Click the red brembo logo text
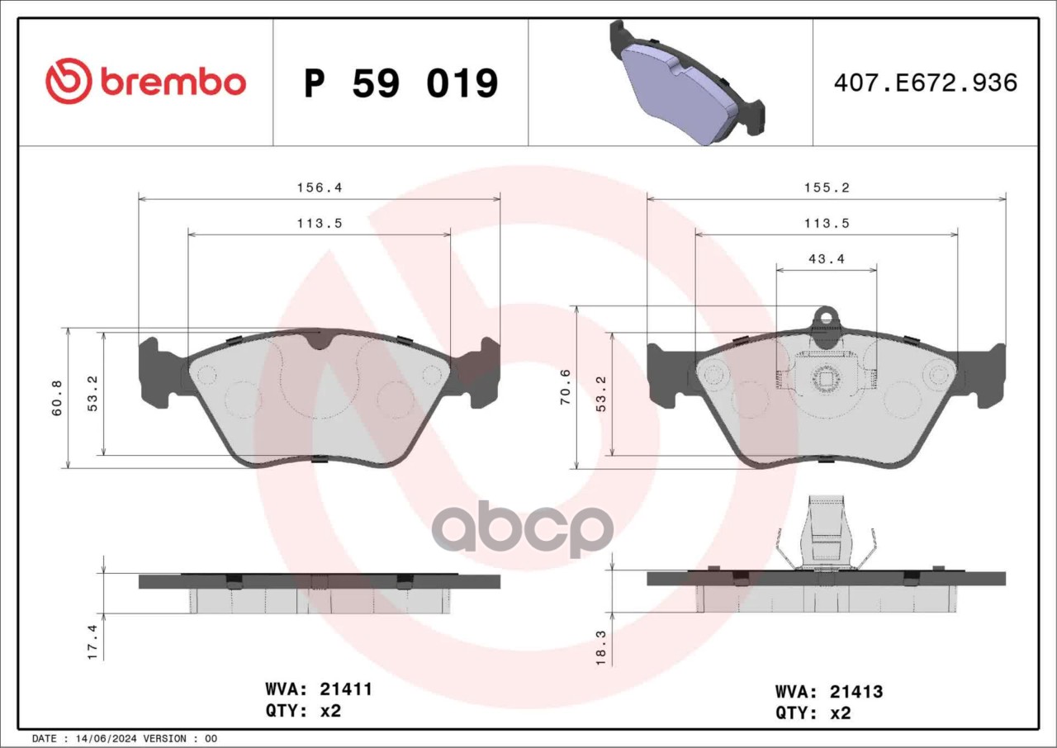click(173, 83)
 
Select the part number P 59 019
click(401, 83)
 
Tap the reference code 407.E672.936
click(926, 83)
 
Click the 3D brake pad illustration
click(686, 83)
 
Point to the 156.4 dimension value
click(320, 187)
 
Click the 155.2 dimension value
click(827, 187)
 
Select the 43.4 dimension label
click(827, 259)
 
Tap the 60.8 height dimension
click(57, 398)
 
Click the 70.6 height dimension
click(566, 386)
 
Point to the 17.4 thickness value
click(92, 641)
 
